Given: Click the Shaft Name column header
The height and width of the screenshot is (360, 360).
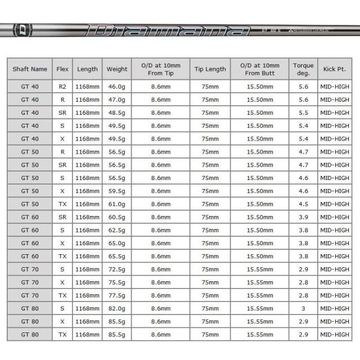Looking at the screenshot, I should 30,69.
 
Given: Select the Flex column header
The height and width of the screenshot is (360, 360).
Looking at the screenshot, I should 62,69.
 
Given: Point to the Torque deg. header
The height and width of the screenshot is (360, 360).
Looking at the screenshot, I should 303,69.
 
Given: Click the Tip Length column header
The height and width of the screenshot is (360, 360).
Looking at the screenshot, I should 210,69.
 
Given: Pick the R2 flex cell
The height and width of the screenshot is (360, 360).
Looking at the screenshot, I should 62,87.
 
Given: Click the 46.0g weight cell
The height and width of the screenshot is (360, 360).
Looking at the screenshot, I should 117,87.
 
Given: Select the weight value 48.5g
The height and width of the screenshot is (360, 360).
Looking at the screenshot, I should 117,112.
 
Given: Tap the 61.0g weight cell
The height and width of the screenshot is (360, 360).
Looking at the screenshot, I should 117,204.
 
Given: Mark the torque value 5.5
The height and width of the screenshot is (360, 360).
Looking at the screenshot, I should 303,112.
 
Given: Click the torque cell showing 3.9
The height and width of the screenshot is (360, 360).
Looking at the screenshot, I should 303,217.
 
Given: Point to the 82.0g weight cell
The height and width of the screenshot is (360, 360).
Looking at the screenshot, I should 117,308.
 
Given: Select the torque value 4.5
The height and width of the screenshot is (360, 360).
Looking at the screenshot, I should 303,204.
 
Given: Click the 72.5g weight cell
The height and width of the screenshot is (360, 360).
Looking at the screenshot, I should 117,269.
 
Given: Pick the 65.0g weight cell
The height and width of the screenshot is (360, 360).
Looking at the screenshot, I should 117,243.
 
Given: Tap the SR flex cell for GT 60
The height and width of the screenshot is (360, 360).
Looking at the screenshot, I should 62,217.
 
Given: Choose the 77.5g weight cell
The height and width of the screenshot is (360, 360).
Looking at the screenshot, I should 117,295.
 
